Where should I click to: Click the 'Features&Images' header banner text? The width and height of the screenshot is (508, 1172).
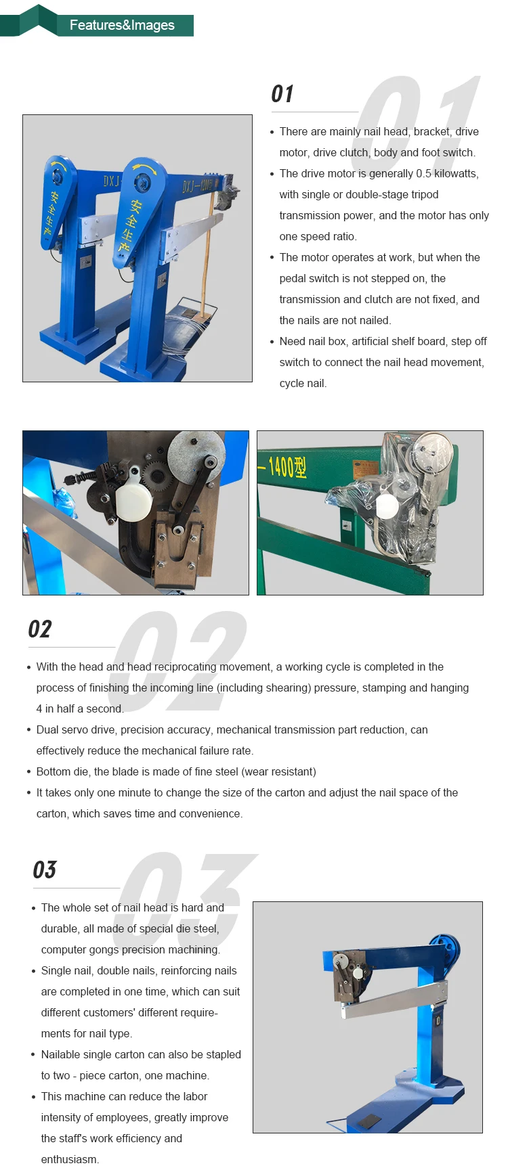pos(122,25)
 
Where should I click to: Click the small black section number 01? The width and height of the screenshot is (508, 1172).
pos(282,94)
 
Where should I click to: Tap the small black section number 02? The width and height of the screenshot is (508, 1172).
pos(39,629)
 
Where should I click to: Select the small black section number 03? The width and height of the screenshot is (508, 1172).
pos(45,870)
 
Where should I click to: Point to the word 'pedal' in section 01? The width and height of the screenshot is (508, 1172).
pos(292,278)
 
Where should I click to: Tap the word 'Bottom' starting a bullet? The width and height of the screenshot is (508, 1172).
pos(54,771)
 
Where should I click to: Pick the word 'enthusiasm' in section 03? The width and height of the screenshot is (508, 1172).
pos(68,1159)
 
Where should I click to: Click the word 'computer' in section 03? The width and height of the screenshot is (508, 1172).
pos(62,950)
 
